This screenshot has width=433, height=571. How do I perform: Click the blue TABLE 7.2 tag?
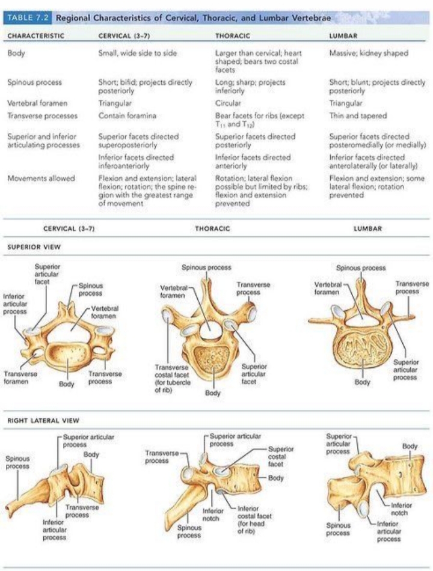pos(28,18)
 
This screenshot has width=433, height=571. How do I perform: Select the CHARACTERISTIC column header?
pos(35,35)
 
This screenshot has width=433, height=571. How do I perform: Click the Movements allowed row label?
pos(41,179)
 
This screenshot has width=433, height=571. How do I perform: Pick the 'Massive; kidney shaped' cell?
pos(369,53)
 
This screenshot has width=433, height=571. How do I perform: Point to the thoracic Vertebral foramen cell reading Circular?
pos(228,103)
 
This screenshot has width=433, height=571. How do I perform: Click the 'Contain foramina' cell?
pos(127,116)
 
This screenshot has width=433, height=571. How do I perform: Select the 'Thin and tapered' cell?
pos(358,116)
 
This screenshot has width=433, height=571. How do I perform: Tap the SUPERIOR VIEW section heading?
pos(34,247)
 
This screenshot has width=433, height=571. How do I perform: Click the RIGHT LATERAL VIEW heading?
pos(43,421)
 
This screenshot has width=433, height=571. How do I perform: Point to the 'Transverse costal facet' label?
pos(173,379)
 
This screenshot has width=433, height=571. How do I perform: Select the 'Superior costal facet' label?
pos(281,457)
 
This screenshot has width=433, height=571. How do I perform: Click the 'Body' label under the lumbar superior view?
pos(362,382)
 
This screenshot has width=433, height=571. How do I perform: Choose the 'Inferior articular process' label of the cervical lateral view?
pos(55,530)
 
